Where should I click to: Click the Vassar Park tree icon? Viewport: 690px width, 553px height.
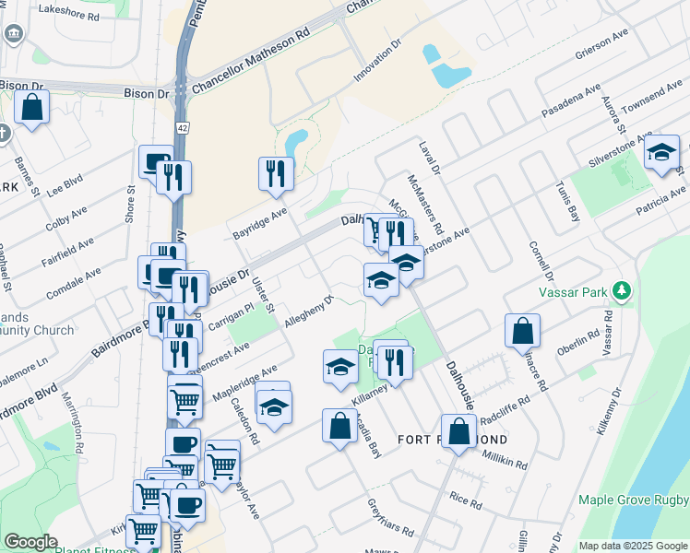click(x=624, y=291)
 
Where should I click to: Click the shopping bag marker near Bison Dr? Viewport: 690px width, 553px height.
click(x=31, y=109)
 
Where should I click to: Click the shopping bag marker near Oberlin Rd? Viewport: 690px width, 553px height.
click(x=522, y=331)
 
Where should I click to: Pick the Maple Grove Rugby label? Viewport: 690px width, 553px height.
click(x=633, y=500)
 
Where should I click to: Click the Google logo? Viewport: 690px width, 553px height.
click(x=31, y=542)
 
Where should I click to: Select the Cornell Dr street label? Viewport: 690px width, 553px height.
click(x=541, y=263)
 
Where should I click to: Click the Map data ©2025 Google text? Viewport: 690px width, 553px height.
click(x=633, y=546)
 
